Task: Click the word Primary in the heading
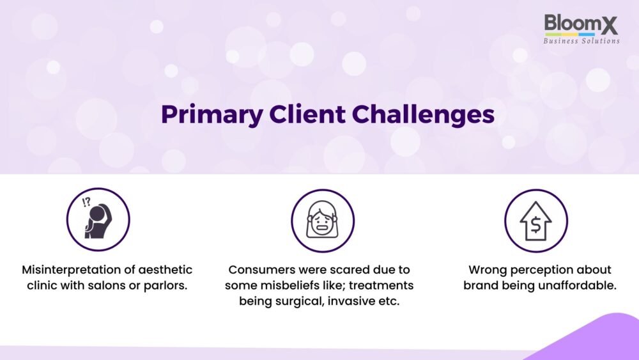(x=212, y=114)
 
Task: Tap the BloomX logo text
(x=581, y=24)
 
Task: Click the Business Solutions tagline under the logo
(x=581, y=41)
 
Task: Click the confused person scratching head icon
(x=98, y=219)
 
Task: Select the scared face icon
(x=322, y=221)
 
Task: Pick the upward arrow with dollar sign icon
(x=536, y=221)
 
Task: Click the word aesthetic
(x=165, y=270)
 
